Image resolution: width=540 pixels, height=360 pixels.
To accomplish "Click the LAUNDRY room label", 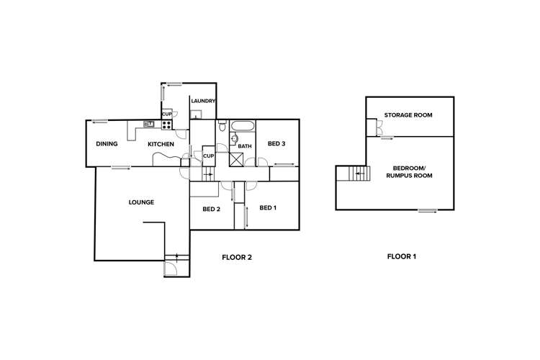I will click(x=202, y=101).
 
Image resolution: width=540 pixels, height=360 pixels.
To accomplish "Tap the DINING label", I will click(x=107, y=144).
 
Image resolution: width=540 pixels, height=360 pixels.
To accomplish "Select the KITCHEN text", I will click(x=161, y=144).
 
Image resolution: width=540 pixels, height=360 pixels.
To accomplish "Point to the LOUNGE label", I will click(x=141, y=202).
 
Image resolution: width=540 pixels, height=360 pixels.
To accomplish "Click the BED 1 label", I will click(x=268, y=208).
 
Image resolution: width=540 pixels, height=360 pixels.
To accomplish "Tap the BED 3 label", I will click(x=276, y=144).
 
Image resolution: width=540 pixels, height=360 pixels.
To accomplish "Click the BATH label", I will click(x=245, y=146).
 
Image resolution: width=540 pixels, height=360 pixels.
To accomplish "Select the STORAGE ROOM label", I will click(x=408, y=115).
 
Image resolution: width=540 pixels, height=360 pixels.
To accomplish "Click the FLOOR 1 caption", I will click(x=402, y=256).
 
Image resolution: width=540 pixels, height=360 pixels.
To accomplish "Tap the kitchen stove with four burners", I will click(x=166, y=125).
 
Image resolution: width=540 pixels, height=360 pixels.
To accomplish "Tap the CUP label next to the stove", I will click(x=166, y=114).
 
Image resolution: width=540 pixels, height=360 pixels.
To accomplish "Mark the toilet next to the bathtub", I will click(x=223, y=127).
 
